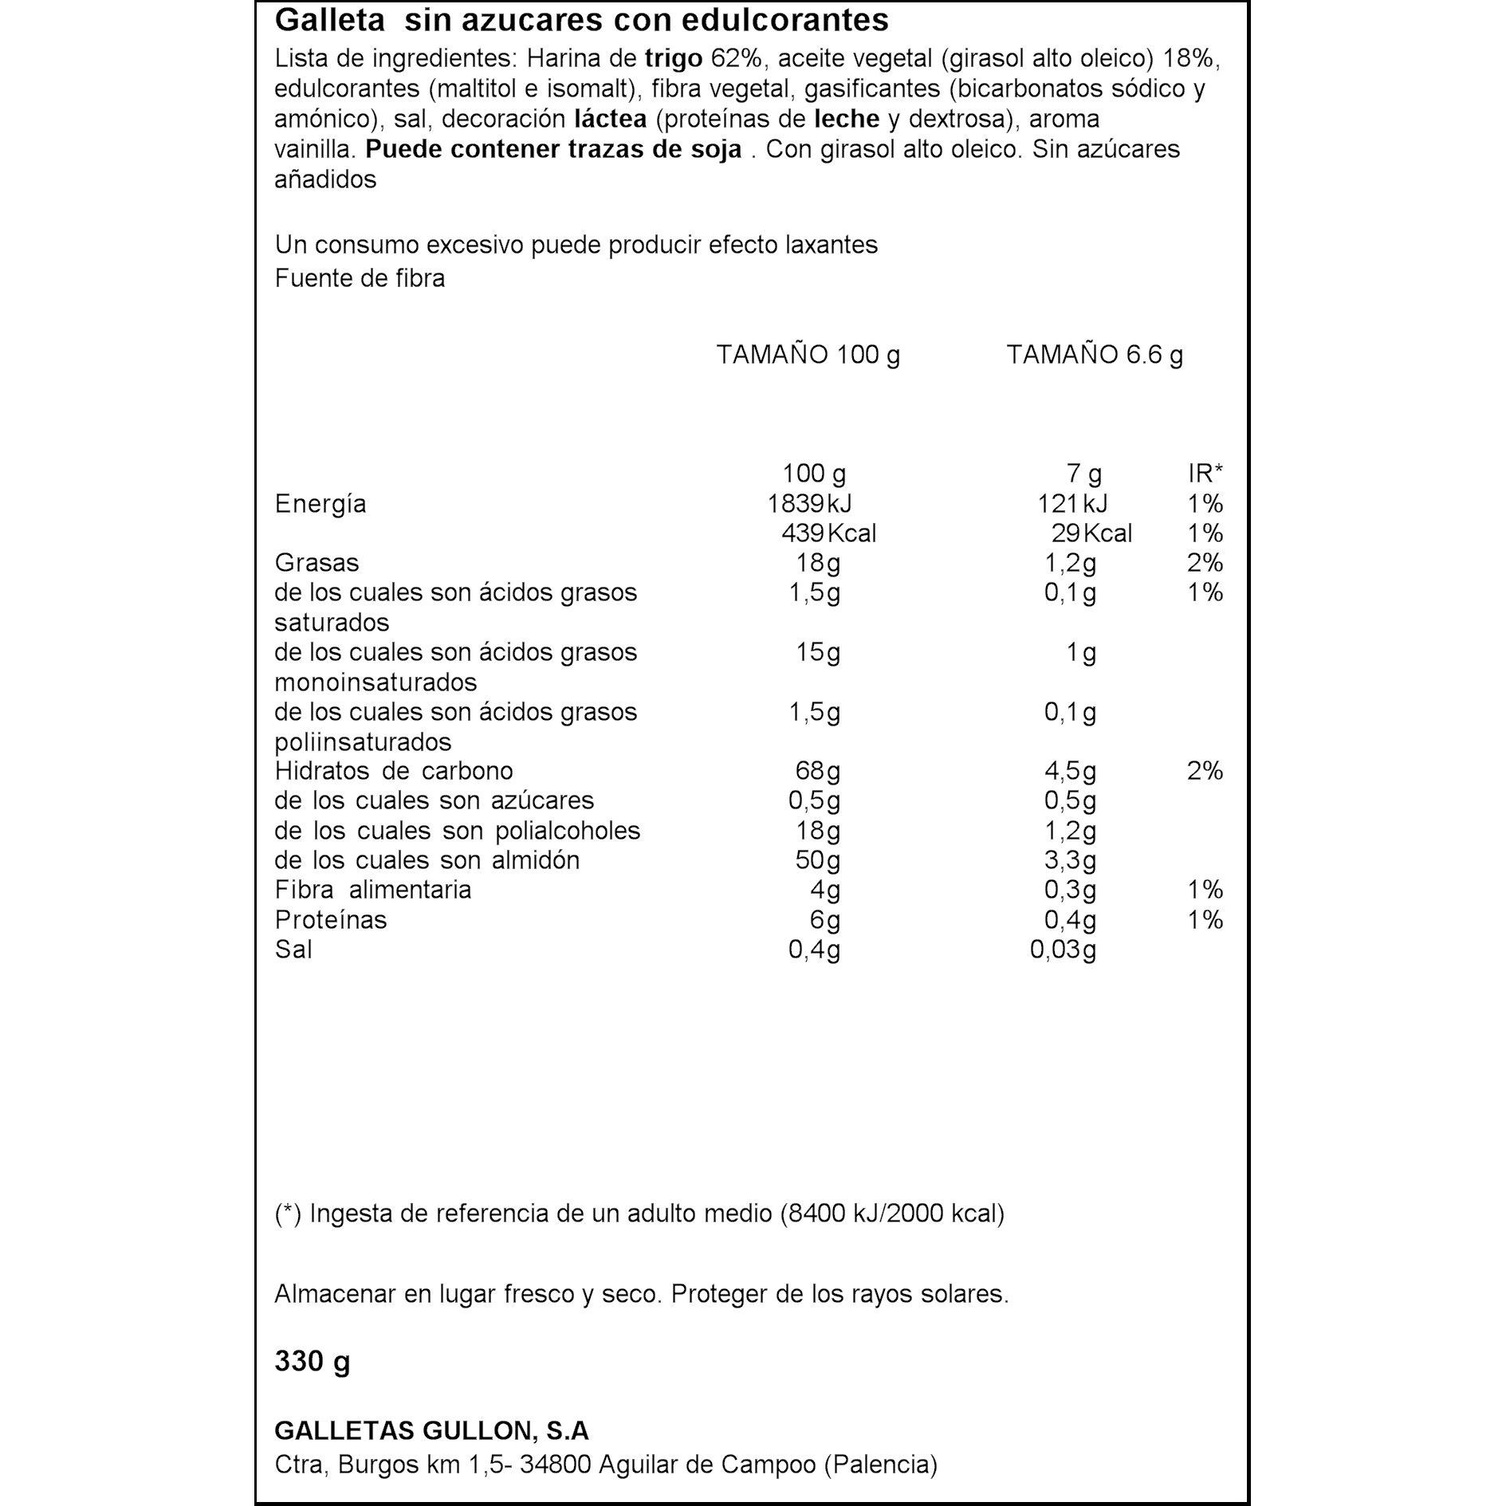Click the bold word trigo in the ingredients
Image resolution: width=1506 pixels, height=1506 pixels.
click(x=673, y=59)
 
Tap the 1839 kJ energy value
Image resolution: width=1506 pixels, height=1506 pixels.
click(x=809, y=504)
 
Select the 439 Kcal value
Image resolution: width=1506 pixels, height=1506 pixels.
click(x=828, y=533)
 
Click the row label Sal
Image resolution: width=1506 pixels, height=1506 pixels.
click(x=293, y=950)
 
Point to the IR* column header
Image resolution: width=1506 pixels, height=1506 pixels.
click(x=1205, y=474)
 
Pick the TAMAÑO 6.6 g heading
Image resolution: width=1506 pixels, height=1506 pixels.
click(x=1094, y=355)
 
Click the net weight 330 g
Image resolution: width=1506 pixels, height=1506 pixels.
click(x=312, y=1361)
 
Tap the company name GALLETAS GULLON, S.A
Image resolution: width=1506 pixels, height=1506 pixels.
click(x=431, y=1431)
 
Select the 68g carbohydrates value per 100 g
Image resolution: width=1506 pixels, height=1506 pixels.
click(x=817, y=771)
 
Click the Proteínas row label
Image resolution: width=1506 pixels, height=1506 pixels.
click(x=330, y=920)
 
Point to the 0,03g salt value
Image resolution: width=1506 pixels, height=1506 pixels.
click(x=1063, y=950)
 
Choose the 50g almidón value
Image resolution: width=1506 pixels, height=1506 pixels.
click(x=817, y=860)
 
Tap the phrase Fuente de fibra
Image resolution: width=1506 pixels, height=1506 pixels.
click(x=360, y=278)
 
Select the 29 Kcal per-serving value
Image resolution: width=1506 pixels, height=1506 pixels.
click(x=1091, y=533)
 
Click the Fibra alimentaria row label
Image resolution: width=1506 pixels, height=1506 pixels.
click(x=372, y=890)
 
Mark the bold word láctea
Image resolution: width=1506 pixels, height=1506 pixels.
click(x=609, y=119)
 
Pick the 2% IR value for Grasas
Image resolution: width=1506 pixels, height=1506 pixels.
click(x=1205, y=563)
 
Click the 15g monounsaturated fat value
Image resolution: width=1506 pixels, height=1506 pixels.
click(x=817, y=652)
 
